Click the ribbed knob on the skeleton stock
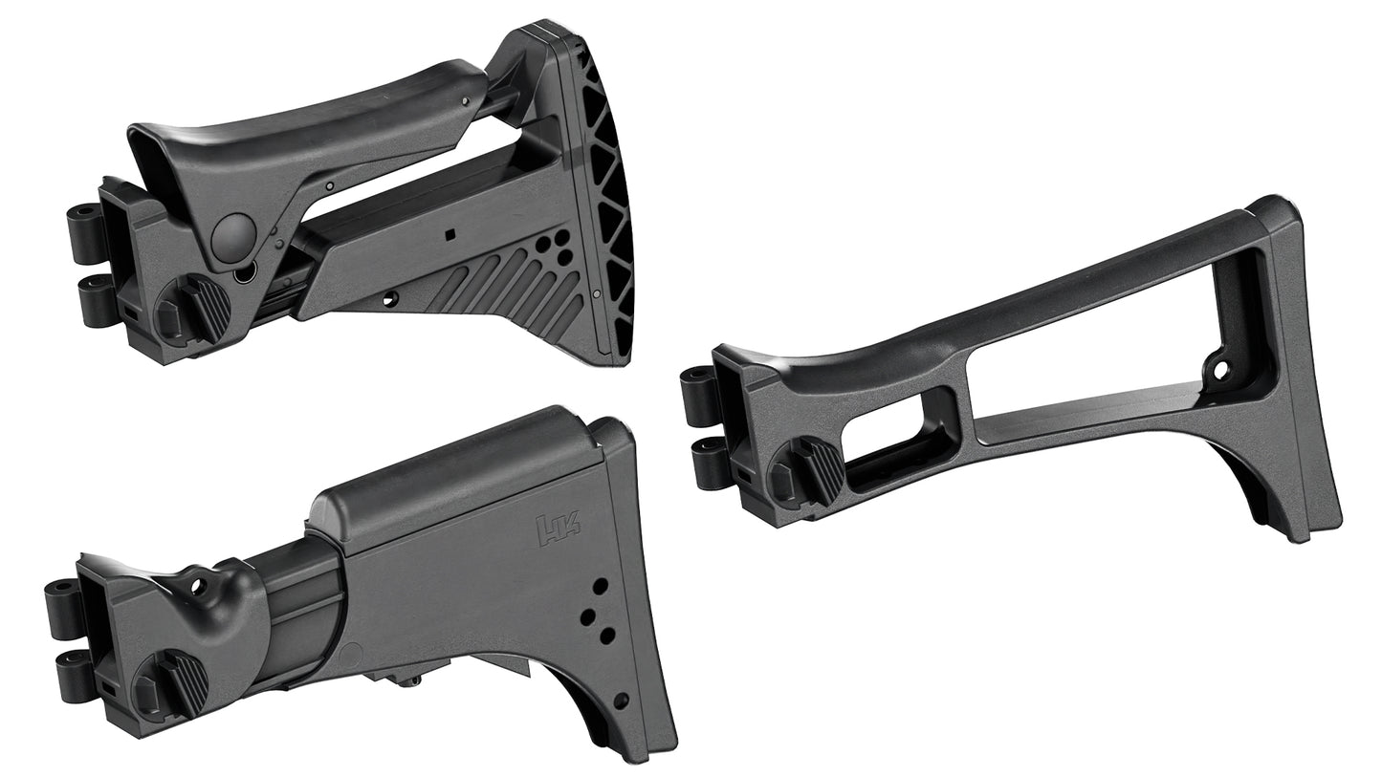tap(808, 471)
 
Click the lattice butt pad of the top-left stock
tap(606, 191)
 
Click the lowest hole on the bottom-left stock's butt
tap(621, 701)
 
